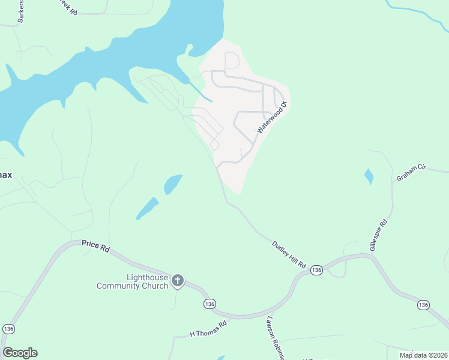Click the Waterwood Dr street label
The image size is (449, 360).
point(273,118)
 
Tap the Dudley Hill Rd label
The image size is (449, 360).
point(289,254)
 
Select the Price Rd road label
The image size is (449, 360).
point(97,247)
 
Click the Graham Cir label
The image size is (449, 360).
point(411,174)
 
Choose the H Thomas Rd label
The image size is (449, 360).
point(208,328)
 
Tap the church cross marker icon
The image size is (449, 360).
point(178,280)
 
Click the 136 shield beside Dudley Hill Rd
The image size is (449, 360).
point(317,271)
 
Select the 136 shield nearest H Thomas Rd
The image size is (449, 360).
point(208,304)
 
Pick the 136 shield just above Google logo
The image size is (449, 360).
point(8,329)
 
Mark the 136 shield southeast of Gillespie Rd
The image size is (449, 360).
point(423,305)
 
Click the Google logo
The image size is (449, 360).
point(20,353)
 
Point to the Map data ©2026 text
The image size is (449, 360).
point(423,355)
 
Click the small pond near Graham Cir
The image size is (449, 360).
point(368,176)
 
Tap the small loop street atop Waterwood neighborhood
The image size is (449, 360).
point(232,61)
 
